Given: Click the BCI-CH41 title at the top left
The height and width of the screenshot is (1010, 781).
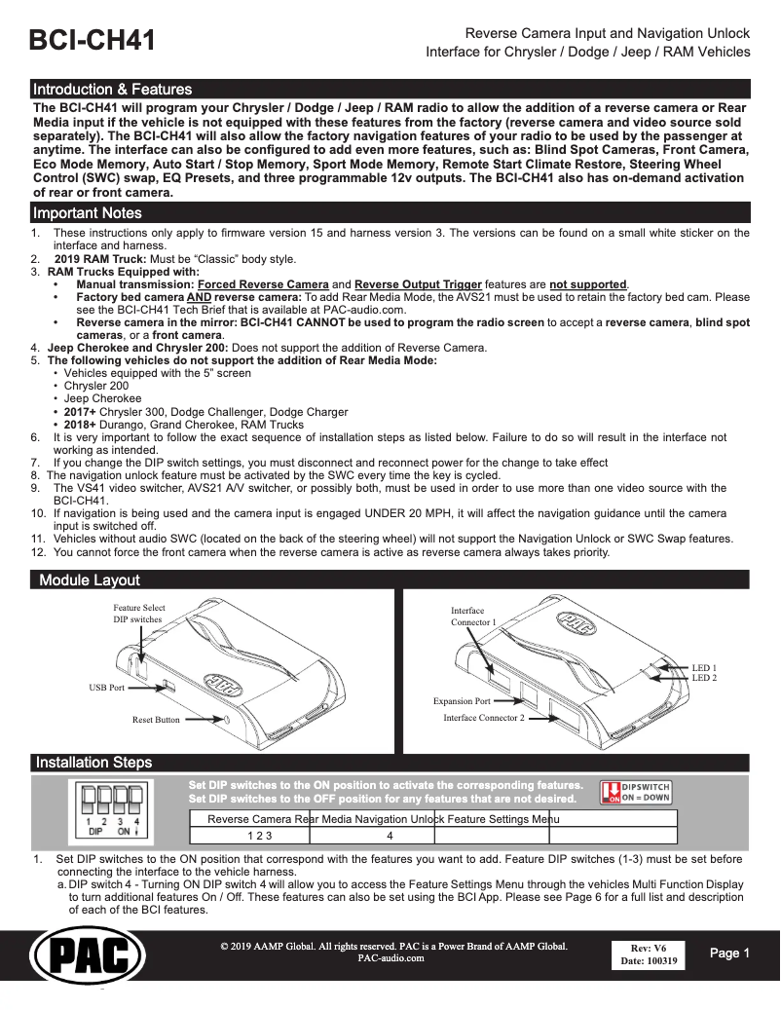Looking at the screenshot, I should tap(93, 41).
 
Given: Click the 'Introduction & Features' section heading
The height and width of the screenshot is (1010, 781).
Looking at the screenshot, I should tap(113, 89).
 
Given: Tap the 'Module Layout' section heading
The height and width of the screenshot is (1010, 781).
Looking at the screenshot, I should tap(90, 580).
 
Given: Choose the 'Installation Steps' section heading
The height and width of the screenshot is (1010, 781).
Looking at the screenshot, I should tap(93, 762).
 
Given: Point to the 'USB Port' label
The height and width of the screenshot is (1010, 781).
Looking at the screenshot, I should tap(107, 688).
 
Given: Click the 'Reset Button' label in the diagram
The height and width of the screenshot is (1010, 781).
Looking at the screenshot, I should tap(156, 720).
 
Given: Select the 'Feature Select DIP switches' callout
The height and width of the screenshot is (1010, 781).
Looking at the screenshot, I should tap(138, 614).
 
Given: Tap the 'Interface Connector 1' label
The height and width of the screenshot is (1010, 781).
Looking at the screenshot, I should tap(473, 616).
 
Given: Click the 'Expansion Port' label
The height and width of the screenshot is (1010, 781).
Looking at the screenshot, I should tap(462, 701).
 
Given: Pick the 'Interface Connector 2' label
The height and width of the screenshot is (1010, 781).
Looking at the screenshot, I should tap(484, 718).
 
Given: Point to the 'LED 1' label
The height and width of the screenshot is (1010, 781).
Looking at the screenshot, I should tap(704, 667).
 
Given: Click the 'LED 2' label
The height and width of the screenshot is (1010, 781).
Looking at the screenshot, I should tap(704, 677).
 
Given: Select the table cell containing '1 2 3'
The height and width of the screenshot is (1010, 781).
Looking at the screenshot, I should tap(259, 836).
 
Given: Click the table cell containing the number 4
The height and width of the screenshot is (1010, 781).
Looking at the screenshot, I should tap(390, 836).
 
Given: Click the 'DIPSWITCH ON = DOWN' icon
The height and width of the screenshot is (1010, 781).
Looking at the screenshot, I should tap(635, 791).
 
